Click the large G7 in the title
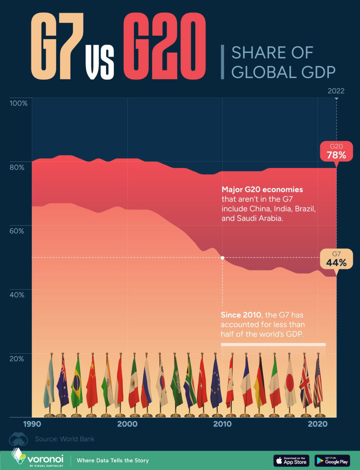click(x=57, y=47)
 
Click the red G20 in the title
click(x=164, y=47)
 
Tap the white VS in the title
click(x=99, y=62)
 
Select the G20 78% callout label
click(x=336, y=151)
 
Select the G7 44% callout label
click(x=336, y=259)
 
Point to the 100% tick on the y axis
click(x=18, y=103)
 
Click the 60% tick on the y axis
click(x=17, y=231)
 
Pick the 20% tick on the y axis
click(x=17, y=358)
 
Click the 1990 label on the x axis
click(x=32, y=424)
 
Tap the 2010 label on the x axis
click(x=222, y=424)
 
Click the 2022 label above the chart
click(x=336, y=91)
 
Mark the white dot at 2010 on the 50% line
click(x=222, y=258)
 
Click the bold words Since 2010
click(x=241, y=315)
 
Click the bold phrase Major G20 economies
click(x=262, y=189)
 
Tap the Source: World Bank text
click(x=65, y=439)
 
